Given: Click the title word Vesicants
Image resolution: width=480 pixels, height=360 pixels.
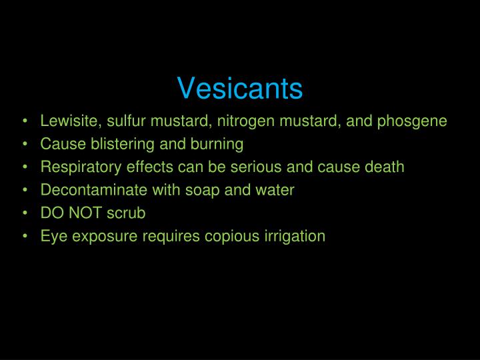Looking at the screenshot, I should coord(240,89).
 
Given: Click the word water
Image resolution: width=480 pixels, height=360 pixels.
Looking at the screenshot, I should coord(275,189).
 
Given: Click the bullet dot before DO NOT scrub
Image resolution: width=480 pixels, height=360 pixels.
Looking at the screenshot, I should coord(25,213).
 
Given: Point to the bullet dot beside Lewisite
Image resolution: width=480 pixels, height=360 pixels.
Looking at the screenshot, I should coord(25,122).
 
